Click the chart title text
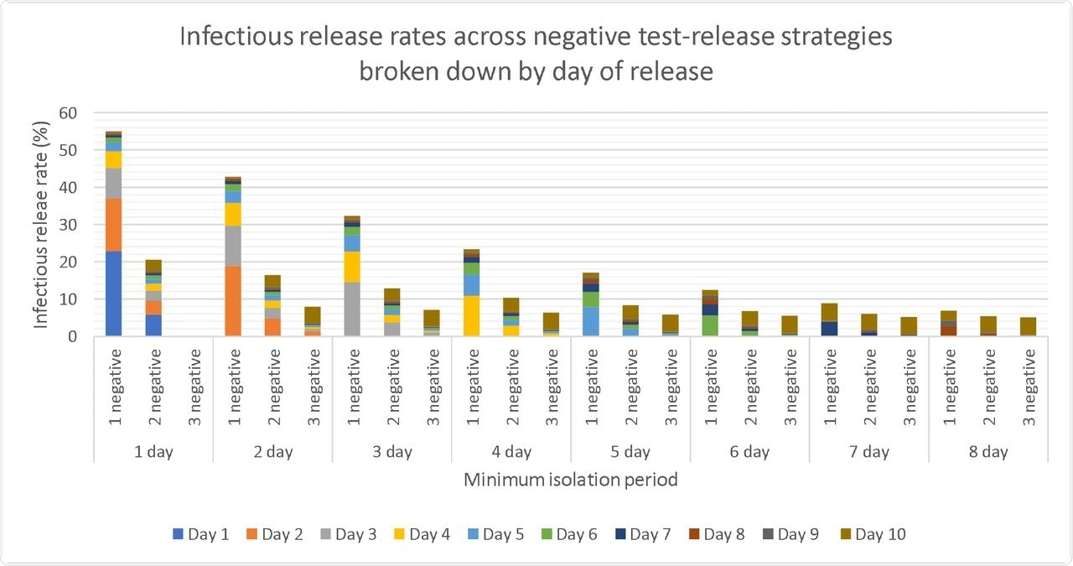pyautogui.click(x=536, y=54)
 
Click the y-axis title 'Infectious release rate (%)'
pyautogui.click(x=40, y=225)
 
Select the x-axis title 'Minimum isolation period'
pyautogui.click(x=570, y=480)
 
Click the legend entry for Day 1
pyautogui.click(x=202, y=534)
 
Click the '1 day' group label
pyautogui.click(x=153, y=452)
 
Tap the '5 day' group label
pyautogui.click(x=630, y=452)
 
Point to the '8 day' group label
pyautogui.click(x=988, y=452)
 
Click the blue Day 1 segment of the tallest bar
pyautogui.click(x=113, y=293)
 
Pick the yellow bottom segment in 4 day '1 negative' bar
pyautogui.click(x=471, y=316)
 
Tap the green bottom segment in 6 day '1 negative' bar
pyautogui.click(x=710, y=326)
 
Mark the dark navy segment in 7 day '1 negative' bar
pyautogui.click(x=829, y=329)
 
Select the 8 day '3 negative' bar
pyautogui.click(x=1028, y=326)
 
